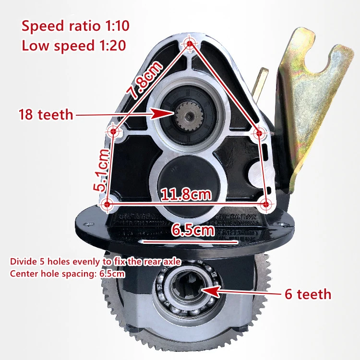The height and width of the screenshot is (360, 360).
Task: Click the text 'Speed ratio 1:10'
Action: [x=75, y=26]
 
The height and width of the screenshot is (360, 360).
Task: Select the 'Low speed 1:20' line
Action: [x=74, y=46]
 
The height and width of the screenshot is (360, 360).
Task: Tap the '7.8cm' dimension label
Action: [x=144, y=79]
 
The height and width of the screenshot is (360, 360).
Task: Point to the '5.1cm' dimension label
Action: [x=101, y=170]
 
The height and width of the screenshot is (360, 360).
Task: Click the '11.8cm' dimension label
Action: [x=186, y=194]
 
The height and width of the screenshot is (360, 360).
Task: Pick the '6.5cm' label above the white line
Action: [x=193, y=230]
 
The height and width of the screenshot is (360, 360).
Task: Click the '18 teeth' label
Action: [x=46, y=115]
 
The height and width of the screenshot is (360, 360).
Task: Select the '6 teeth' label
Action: [x=308, y=294]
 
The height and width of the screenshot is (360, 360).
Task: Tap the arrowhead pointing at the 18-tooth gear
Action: [x=162, y=113]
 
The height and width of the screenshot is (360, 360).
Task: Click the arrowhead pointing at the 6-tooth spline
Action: [x=210, y=291]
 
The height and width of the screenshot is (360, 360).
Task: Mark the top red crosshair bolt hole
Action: [x=190, y=43]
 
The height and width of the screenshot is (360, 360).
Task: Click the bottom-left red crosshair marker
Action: [x=107, y=204]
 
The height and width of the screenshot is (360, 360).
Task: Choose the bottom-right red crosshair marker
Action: [x=265, y=204]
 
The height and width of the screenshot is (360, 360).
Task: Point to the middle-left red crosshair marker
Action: [x=113, y=132]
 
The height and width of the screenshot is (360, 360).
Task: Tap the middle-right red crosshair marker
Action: [x=259, y=133]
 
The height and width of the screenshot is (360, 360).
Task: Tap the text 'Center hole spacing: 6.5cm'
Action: [x=68, y=274]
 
